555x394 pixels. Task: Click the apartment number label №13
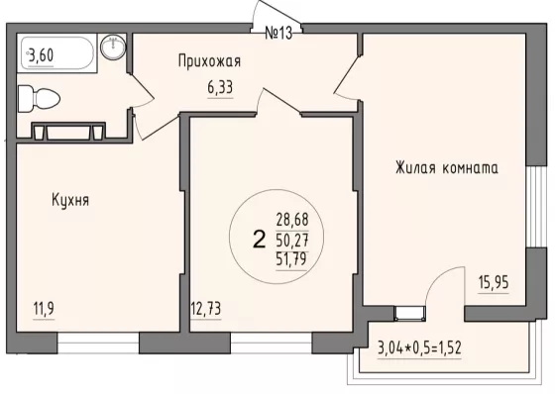pyautogui.click(x=278, y=34)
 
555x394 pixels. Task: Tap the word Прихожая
pyautogui.click(x=209, y=61)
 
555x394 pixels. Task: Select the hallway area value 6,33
pyautogui.click(x=220, y=87)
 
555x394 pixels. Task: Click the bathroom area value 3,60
pyautogui.click(x=42, y=55)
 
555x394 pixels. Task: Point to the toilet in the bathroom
pyautogui.click(x=39, y=99)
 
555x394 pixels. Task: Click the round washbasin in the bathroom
pyautogui.click(x=113, y=47)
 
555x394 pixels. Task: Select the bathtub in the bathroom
pyautogui.click(x=57, y=53)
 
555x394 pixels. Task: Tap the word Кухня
pyautogui.click(x=70, y=200)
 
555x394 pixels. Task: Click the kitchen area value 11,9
pyautogui.click(x=44, y=310)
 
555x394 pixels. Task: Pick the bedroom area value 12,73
pyautogui.click(x=206, y=309)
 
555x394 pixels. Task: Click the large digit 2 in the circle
pyautogui.click(x=260, y=239)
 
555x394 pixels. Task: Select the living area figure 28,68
pyautogui.click(x=292, y=220)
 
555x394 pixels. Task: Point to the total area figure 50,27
pyautogui.click(x=292, y=241)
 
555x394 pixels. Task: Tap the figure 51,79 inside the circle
pyautogui.click(x=291, y=260)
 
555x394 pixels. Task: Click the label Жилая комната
pyautogui.click(x=447, y=167)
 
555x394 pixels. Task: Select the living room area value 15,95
pyautogui.click(x=494, y=283)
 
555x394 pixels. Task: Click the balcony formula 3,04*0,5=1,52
pyautogui.click(x=419, y=348)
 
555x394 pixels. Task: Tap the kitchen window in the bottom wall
pyautogui.click(x=98, y=343)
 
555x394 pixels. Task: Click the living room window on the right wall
pyautogui.click(x=535, y=207)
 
